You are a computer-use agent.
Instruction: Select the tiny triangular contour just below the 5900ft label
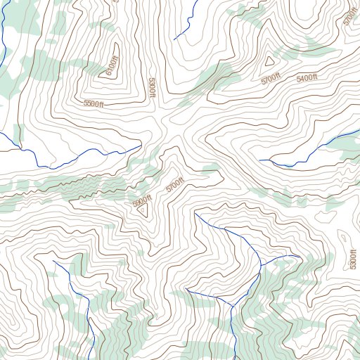tap(143, 210)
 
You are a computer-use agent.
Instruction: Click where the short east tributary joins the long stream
tap(261, 264)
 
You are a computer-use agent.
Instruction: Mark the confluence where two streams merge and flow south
tap(231, 307)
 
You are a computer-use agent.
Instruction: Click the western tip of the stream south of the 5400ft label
tap(259, 160)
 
